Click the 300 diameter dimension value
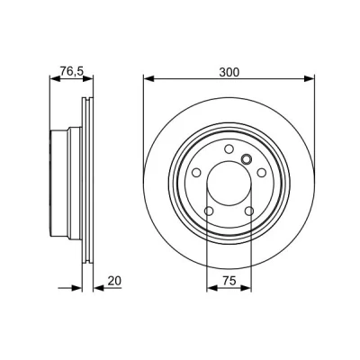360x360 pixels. coord(229,72)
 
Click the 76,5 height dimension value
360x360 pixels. coord(72,71)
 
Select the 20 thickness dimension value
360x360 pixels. coord(114,281)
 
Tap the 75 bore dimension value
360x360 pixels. coord(229,281)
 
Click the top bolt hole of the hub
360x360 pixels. coord(229,148)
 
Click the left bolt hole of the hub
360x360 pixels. coord(196,173)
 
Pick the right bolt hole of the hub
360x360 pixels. coord(262,173)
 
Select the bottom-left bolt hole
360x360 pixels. coord(209,211)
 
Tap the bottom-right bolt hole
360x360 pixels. coord(249,211)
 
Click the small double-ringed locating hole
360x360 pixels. coord(247,159)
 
